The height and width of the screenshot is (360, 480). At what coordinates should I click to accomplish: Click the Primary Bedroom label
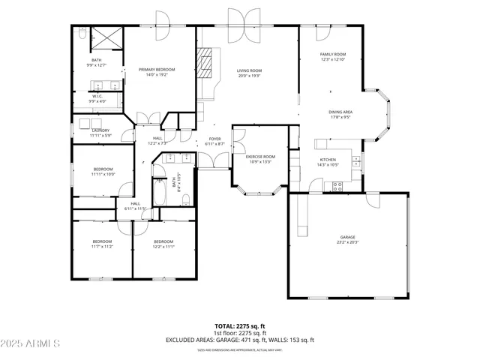click(155, 70)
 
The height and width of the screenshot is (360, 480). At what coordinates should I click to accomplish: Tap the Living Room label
click(247, 70)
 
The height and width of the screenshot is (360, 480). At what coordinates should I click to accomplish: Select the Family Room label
click(333, 55)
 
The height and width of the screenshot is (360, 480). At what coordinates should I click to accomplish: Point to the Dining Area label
click(340, 112)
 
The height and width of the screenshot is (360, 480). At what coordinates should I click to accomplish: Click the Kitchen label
click(328, 160)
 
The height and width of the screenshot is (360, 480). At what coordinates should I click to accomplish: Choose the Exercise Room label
click(260, 157)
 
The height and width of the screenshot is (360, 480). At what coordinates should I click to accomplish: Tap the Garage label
click(348, 238)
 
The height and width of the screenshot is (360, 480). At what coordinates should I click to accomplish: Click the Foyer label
click(214, 139)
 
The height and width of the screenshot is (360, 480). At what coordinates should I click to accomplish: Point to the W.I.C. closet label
click(97, 96)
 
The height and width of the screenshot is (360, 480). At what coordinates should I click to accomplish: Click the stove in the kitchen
click(337, 184)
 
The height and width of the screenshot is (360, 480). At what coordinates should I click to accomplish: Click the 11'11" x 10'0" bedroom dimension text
click(103, 175)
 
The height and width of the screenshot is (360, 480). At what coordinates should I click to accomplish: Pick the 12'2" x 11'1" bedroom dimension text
click(163, 246)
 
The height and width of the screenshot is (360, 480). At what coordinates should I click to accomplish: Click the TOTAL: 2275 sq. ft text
click(239, 326)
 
